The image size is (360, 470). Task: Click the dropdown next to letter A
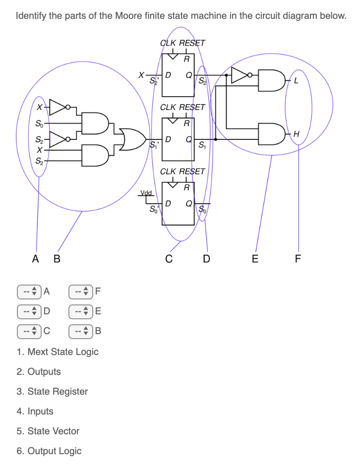tap(28, 292)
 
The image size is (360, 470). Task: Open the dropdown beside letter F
tap(80, 292)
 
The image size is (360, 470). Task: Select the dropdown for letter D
tap(28, 311)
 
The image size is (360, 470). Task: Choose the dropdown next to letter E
tap(80, 311)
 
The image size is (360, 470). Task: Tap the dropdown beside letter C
tap(28, 331)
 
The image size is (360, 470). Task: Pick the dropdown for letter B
tap(80, 331)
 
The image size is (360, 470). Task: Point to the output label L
tap(296, 82)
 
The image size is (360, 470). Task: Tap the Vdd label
tap(146, 192)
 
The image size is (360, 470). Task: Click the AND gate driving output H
tap(271, 133)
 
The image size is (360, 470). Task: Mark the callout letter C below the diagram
tap(169, 258)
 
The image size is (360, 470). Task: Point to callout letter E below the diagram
tap(255, 258)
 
